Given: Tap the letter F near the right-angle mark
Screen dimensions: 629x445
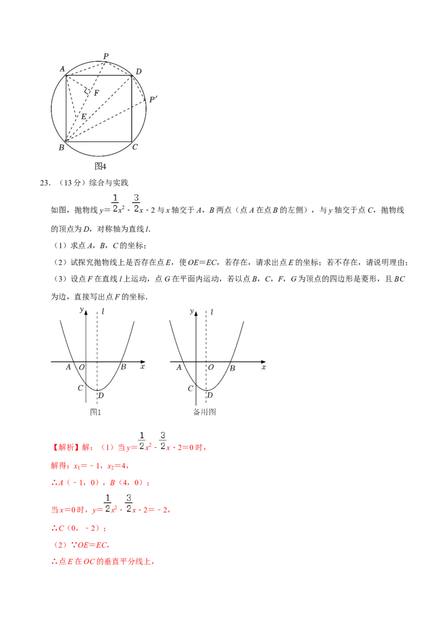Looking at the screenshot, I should [x=96, y=93].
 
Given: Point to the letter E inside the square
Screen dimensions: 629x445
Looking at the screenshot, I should [x=83, y=117].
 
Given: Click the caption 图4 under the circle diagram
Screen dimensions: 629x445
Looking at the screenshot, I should [x=100, y=166].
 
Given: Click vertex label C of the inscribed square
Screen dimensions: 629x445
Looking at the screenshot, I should [x=135, y=147].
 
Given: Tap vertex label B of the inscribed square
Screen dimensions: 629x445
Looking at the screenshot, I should [x=61, y=147].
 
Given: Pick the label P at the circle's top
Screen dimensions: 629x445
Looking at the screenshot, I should [x=106, y=56].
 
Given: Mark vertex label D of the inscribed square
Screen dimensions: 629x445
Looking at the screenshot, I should [x=139, y=71].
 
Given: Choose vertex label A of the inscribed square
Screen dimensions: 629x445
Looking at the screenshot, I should [x=62, y=69].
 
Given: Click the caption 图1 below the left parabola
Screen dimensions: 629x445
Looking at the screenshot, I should [x=96, y=412].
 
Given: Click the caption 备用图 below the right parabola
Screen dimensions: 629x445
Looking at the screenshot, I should [x=204, y=412].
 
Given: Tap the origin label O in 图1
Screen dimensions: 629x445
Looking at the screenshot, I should [x=81, y=367].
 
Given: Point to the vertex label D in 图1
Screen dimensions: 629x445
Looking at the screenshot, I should [x=101, y=396].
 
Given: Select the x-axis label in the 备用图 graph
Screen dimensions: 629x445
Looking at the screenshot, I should [x=264, y=367].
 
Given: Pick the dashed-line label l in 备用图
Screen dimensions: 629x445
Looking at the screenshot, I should [x=212, y=312].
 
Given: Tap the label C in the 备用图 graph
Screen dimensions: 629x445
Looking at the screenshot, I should [x=190, y=388].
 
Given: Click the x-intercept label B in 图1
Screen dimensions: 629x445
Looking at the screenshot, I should [x=123, y=367].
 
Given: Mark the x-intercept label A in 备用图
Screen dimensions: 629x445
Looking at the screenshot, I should [x=179, y=367].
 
